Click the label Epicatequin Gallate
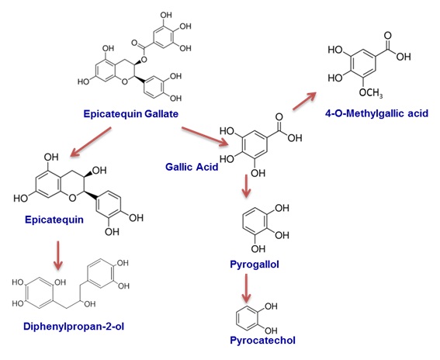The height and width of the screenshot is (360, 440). (x=131, y=114)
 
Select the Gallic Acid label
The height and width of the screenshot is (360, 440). (x=192, y=167)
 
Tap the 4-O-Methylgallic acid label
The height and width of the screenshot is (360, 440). (x=376, y=113)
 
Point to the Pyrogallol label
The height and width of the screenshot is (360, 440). (x=255, y=265)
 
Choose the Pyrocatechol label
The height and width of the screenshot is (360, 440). (x=262, y=341)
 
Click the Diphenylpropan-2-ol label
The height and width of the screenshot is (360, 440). (x=74, y=327)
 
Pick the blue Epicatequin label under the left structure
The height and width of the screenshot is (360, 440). (x=54, y=220)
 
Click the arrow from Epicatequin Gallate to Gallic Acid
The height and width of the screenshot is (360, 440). (x=205, y=137)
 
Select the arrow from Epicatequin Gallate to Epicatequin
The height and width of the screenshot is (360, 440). (x=91, y=142)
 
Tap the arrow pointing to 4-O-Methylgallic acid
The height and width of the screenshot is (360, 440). (x=304, y=100)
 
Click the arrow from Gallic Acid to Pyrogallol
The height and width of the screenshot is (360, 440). (x=246, y=185)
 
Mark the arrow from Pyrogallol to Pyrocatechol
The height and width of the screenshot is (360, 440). (x=246, y=288)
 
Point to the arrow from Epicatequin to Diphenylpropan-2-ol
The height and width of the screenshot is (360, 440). (x=58, y=255)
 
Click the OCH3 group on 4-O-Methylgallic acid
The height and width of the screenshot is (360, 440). (x=371, y=92)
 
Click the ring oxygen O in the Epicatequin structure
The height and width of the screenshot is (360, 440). (x=72, y=198)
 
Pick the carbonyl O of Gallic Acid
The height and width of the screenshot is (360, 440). (x=279, y=117)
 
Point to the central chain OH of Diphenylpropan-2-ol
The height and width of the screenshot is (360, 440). (x=89, y=304)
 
